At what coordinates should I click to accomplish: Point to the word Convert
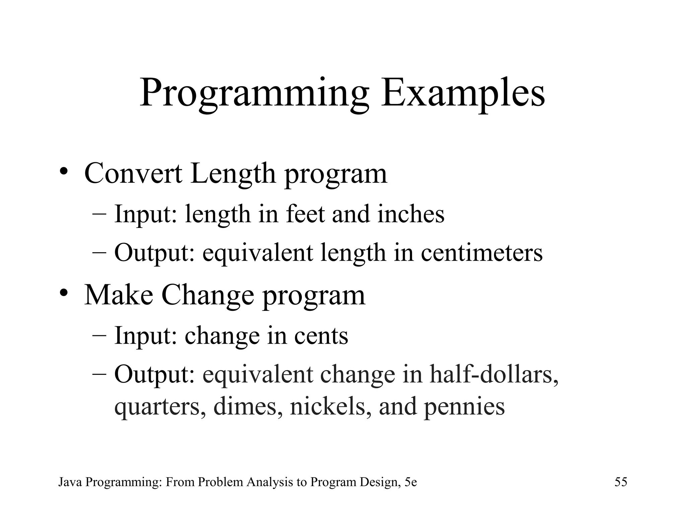(133, 173)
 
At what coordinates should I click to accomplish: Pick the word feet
(305, 214)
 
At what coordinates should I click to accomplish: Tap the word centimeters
(481, 252)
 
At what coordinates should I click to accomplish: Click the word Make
(119, 295)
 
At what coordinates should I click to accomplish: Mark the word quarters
(160, 406)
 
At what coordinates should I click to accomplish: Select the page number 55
(621, 482)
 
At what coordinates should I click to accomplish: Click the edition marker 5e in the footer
(410, 482)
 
